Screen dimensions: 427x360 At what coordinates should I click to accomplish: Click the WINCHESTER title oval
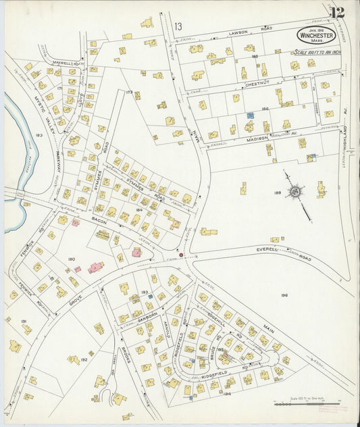(x=315, y=35)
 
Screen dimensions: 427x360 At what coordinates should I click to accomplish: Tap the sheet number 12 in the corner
(x=337, y=12)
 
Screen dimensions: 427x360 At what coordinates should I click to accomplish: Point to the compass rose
(x=296, y=192)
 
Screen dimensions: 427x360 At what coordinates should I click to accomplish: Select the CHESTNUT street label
(x=257, y=84)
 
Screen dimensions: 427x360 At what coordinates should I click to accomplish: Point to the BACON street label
(x=81, y=221)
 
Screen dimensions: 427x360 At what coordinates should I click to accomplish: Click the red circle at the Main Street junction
(x=180, y=255)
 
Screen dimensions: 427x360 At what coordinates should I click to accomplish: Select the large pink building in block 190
(x=96, y=268)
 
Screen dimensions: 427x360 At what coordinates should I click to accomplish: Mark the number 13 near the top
(x=178, y=26)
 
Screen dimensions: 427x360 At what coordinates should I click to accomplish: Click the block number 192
(x=84, y=360)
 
